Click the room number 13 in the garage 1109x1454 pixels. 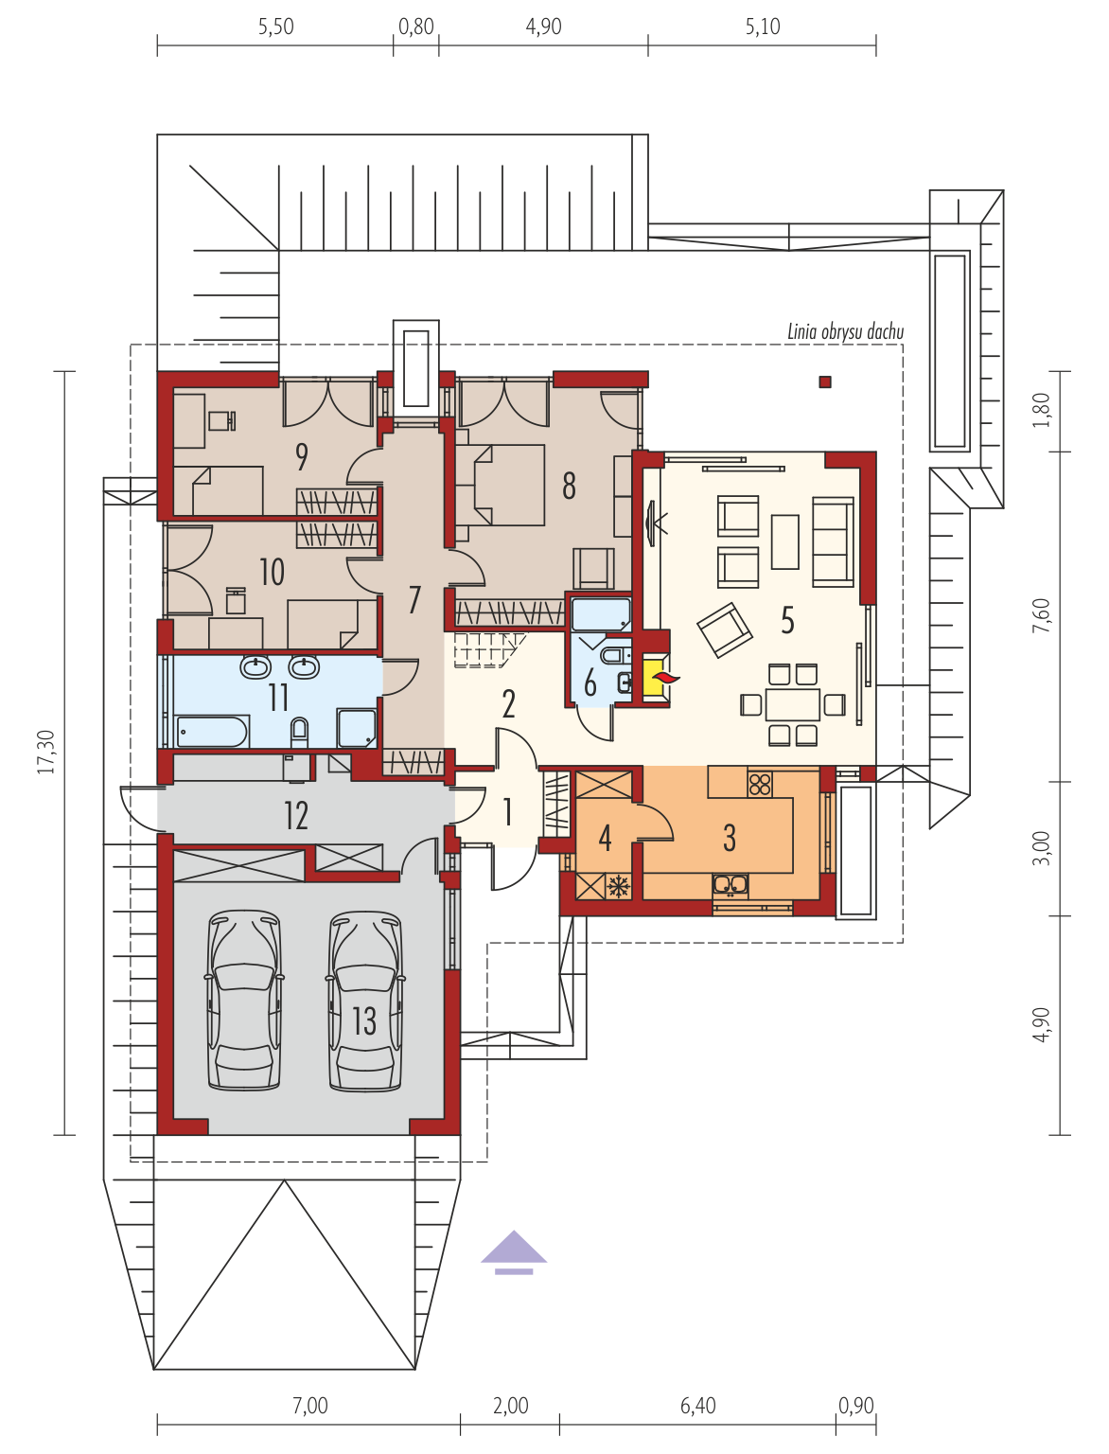tap(364, 1020)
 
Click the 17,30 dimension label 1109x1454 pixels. tap(46, 753)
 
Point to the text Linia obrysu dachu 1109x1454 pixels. tap(846, 331)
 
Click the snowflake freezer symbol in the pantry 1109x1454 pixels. tap(619, 886)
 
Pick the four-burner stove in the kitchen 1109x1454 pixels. tap(760, 785)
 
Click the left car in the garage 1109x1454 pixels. tap(244, 1001)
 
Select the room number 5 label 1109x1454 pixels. tap(787, 621)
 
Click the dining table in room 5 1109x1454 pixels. tap(793, 705)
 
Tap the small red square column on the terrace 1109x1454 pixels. tap(825, 381)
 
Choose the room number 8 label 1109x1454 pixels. tap(569, 486)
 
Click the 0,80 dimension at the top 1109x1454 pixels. tap(415, 27)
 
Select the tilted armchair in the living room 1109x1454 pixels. tap(724, 629)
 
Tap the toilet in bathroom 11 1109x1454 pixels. tap(299, 732)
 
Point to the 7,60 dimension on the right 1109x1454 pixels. tap(1041, 615)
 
